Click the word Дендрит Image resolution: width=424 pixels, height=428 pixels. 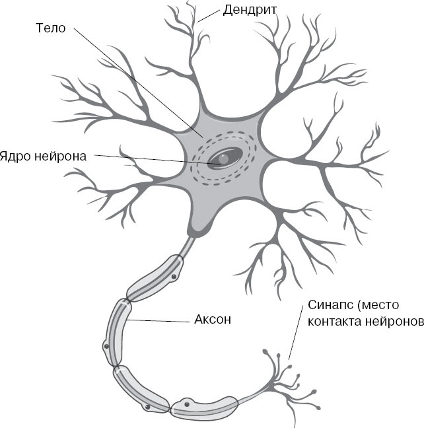pos(250,9)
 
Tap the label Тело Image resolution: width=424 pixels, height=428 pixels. pos(49,28)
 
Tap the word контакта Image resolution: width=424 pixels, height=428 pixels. pos(333,323)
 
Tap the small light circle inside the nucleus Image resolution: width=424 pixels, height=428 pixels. pos(225,159)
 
